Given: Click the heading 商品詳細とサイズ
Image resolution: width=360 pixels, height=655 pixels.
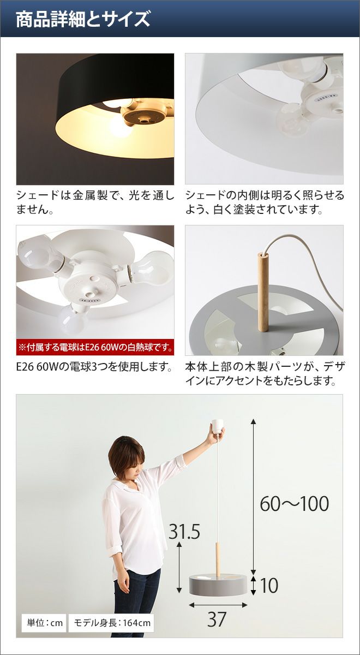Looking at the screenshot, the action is pyautogui.click(x=83, y=20).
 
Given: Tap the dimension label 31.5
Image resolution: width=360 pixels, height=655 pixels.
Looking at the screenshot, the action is pyautogui.click(x=184, y=531).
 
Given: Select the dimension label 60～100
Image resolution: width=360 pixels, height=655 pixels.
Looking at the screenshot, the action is pyautogui.click(x=295, y=503).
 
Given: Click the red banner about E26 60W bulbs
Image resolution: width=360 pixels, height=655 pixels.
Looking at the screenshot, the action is pyautogui.click(x=95, y=347).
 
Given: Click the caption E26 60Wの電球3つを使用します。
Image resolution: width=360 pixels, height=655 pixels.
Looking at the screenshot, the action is pyautogui.click(x=94, y=367).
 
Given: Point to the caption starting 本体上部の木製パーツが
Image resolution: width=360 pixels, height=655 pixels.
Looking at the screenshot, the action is pyautogui.click(x=265, y=374).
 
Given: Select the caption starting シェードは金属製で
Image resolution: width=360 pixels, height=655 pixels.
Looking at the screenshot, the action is pyautogui.click(x=95, y=202).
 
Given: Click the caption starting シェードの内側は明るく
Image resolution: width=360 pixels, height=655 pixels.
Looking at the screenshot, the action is pyautogui.click(x=265, y=202).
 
